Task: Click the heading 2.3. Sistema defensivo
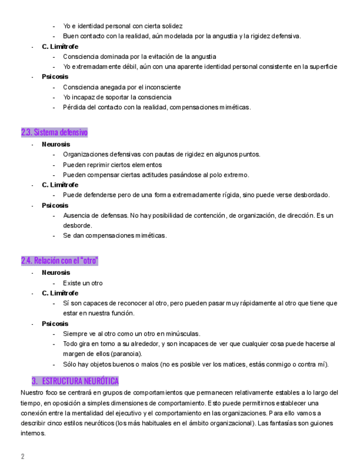pyautogui.click(x=54, y=132)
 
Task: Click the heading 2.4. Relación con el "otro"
pyautogui.click(x=59, y=260)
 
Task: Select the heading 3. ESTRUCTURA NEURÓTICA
pyautogui.click(x=75, y=381)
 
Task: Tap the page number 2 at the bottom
pyautogui.click(x=23, y=456)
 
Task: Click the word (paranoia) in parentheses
pyautogui.click(x=126, y=354)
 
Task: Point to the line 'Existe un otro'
pyautogui.click(x=82, y=283)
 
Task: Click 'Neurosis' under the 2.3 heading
pyautogui.click(x=56, y=144)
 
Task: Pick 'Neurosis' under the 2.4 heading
pyautogui.click(x=56, y=273)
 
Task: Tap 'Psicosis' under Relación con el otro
pyautogui.click(x=55, y=324)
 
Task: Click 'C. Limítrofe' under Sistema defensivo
pyautogui.click(x=60, y=185)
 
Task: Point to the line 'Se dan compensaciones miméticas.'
pyautogui.click(x=114, y=236)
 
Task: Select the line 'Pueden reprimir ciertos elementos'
pyautogui.click(x=112, y=164)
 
